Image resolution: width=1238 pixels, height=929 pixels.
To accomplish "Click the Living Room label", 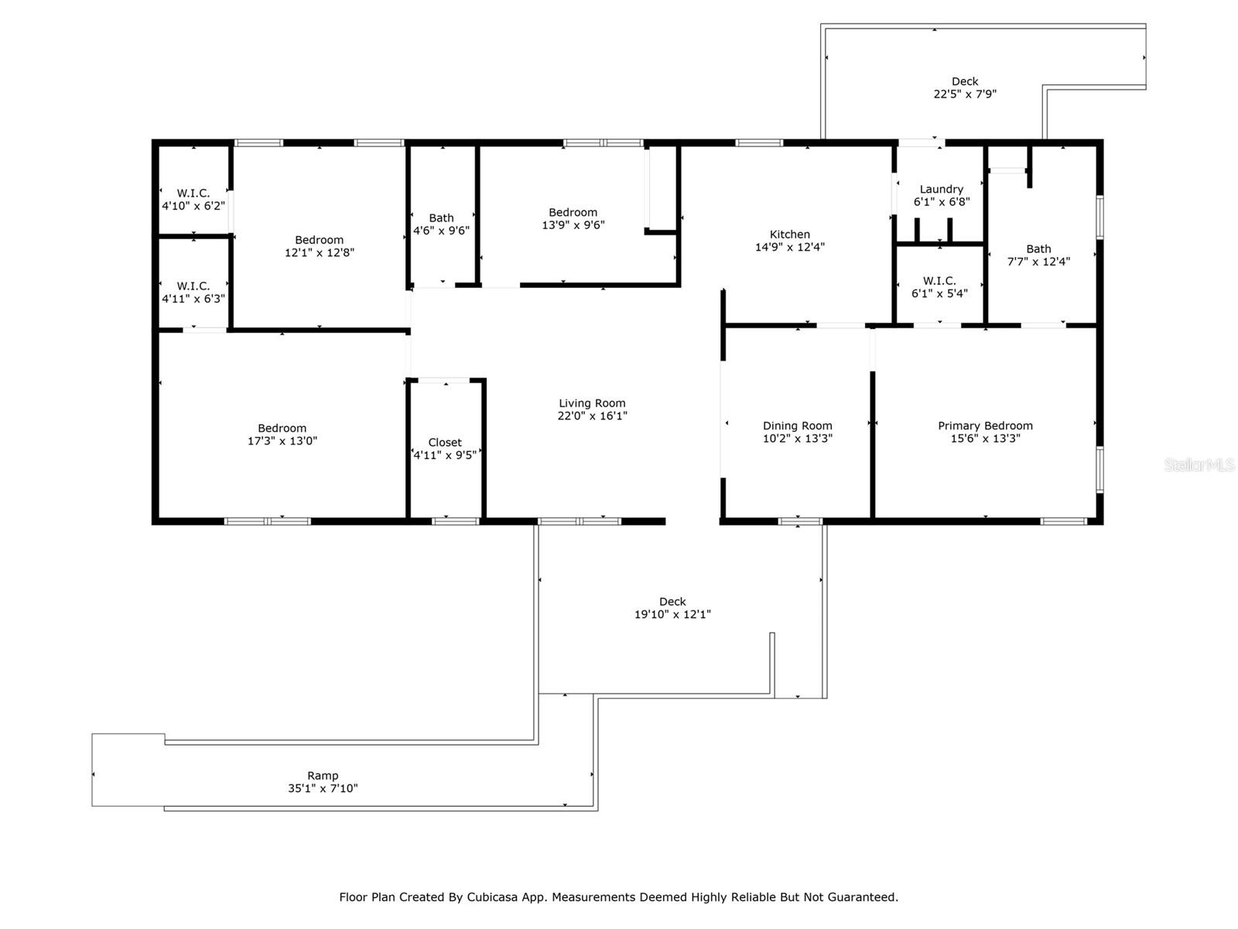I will coord(592,403).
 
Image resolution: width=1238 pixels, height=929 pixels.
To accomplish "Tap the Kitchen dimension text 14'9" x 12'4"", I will coord(790,248).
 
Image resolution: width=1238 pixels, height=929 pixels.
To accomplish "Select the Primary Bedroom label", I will coord(985,426).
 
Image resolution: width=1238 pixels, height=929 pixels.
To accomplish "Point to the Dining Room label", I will coord(797,426).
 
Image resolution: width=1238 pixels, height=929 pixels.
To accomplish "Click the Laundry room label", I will coord(941,189).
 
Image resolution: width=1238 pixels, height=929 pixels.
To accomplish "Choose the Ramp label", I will coord(323,776).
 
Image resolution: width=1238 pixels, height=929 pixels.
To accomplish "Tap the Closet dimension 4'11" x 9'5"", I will coord(445,455).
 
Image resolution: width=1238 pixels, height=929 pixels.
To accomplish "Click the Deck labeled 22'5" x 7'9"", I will coord(964,87).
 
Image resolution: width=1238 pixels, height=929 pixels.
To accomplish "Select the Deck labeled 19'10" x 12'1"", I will coord(672,608).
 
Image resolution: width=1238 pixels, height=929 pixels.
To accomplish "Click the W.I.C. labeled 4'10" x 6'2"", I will coord(193,199).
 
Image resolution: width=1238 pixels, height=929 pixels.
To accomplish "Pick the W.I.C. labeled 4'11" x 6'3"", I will coord(193,292).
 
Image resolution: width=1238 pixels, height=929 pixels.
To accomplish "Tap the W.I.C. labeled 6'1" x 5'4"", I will coord(939,286).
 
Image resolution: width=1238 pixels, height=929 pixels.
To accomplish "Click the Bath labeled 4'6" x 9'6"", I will coord(441,224).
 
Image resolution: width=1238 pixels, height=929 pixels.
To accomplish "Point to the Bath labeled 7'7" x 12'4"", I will coord(1038,255).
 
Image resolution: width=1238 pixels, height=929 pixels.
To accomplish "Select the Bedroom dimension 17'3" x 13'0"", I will coord(282,441).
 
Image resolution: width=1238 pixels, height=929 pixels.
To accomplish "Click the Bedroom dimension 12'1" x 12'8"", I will coord(320,252).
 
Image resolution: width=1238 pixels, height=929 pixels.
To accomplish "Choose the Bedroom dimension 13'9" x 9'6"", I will coord(573,225).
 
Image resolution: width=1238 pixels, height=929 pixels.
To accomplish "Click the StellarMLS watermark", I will coord(1199,465).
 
